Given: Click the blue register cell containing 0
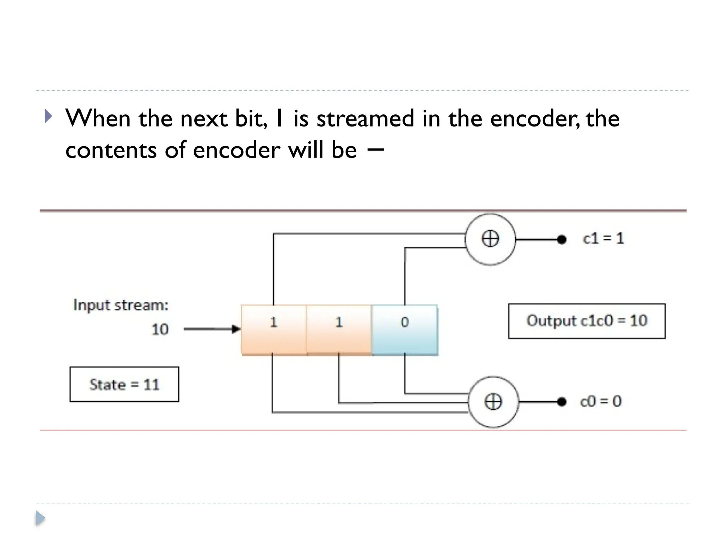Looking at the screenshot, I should coord(405,330).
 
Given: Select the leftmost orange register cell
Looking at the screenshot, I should coord(274,330).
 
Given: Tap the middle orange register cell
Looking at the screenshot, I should coord(339,330).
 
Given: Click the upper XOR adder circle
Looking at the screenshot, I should coord(490,239).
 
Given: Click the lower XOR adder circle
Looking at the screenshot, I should coord(493,402).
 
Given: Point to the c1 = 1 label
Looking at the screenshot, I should coord(603,238).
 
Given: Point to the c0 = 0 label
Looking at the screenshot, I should coord(601,401).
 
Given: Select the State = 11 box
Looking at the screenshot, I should coord(124,384).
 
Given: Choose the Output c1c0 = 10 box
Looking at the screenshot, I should coord(587,321).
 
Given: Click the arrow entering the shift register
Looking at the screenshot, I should coord(212,329).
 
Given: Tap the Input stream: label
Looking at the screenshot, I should coord(121,305).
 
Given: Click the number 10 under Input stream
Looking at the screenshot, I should coord(160,329).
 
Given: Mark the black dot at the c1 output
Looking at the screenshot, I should coord(561,240).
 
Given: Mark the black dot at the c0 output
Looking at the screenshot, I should coord(561,402).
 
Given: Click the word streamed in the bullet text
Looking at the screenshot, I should coord(365,119).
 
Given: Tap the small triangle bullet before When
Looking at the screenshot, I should coord(48,116).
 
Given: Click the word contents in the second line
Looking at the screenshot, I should coord(111,150).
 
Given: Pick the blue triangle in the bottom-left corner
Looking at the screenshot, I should coord(40,518).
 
